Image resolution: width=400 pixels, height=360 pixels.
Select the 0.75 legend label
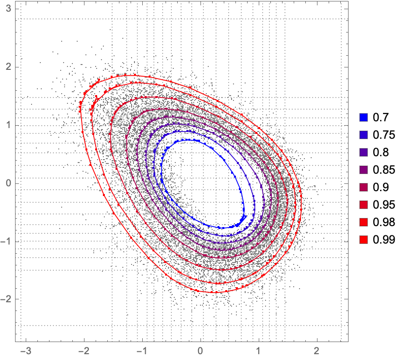coord(381,135)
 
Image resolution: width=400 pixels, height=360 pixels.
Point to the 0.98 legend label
coord(381,222)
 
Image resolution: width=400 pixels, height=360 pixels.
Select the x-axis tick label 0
coord(200,351)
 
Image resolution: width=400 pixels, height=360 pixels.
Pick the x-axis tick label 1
coord(259,351)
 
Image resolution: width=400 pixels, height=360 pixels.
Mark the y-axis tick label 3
coord(8,9)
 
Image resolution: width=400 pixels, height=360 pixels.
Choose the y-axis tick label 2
coord(8,67)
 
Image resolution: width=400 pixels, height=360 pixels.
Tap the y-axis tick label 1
coord(8,125)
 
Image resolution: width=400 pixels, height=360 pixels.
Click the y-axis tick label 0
coord(8,183)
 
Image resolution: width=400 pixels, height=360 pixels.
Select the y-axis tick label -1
coord(7,242)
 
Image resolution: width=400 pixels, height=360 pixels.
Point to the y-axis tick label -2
coord(7,300)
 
